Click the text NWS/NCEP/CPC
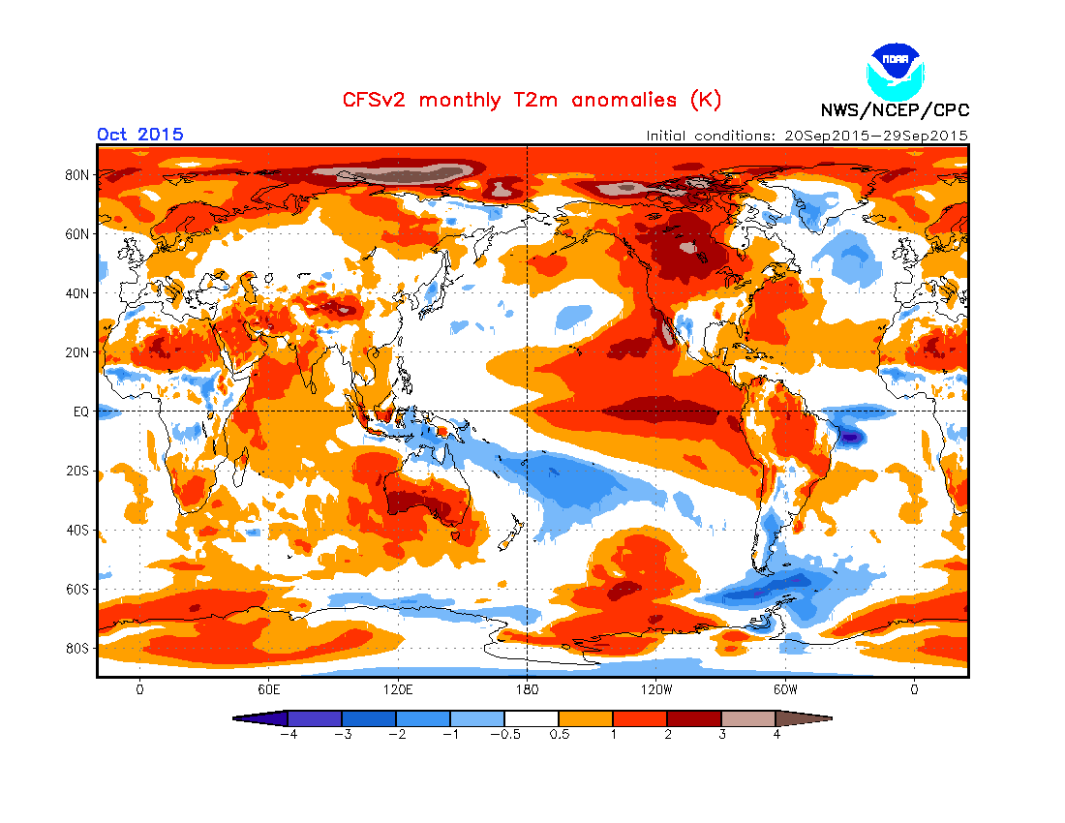point(895,110)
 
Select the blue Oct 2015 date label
point(140,135)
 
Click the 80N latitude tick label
point(78,175)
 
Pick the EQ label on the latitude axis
point(80,411)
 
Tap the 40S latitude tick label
point(78,530)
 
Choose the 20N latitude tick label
point(78,352)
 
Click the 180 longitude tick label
point(526,690)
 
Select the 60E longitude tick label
point(268,690)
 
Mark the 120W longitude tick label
point(655,690)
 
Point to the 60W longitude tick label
point(784,690)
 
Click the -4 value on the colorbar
point(287,734)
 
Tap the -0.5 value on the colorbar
point(504,734)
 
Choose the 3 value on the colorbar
point(721,734)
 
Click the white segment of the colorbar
point(532,718)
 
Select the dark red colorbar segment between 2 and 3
point(694,718)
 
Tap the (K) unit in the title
point(705,100)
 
